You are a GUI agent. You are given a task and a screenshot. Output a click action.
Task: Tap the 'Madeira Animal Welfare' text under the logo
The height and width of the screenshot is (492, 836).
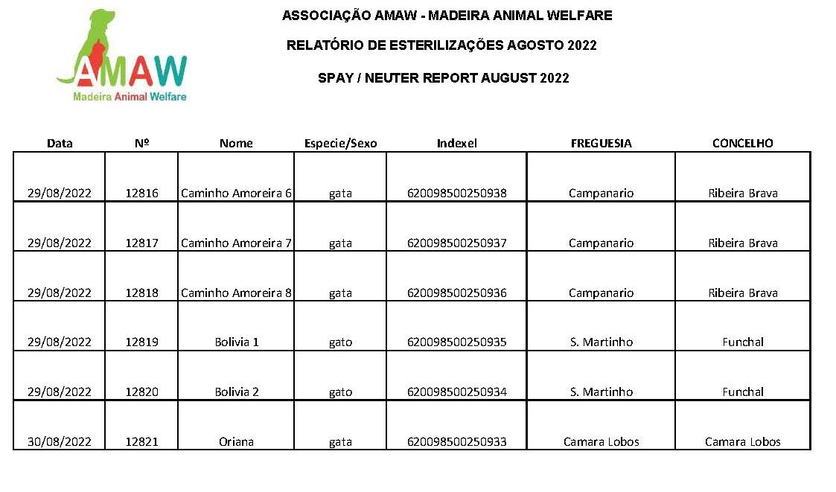(130, 97)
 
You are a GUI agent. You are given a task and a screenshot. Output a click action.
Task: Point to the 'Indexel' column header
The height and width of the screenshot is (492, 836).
(456, 143)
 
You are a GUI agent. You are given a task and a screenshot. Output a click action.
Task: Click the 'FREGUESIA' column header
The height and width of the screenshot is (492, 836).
(601, 143)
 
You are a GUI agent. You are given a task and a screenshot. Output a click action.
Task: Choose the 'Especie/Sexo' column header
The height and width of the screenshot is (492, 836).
(340, 143)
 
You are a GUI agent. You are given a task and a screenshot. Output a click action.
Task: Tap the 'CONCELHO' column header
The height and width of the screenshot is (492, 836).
(743, 143)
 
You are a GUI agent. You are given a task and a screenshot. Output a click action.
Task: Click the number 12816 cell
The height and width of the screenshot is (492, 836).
(142, 193)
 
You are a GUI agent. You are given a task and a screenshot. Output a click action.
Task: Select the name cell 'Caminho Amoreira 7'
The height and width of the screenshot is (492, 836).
(236, 243)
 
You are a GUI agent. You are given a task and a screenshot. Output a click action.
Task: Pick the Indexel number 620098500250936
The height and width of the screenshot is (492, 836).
(457, 293)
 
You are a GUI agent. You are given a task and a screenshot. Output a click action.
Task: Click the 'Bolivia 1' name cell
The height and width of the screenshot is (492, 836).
(237, 342)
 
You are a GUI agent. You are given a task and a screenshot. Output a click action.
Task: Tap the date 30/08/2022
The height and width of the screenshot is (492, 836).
(59, 441)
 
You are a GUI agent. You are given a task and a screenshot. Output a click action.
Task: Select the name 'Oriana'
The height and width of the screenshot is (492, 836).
(236, 441)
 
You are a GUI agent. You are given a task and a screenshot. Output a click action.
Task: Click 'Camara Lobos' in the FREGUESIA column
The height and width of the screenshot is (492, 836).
(601, 441)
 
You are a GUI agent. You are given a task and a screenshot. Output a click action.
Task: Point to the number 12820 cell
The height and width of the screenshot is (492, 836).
(142, 392)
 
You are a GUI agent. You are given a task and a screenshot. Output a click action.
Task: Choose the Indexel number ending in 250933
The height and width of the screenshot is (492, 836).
(457, 441)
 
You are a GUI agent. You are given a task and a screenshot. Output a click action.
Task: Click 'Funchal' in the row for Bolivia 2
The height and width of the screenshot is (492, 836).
(743, 392)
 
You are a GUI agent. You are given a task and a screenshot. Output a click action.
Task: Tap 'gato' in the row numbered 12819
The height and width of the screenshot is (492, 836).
(340, 342)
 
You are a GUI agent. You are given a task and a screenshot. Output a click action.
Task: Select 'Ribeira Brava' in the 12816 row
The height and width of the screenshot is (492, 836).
(743, 193)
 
